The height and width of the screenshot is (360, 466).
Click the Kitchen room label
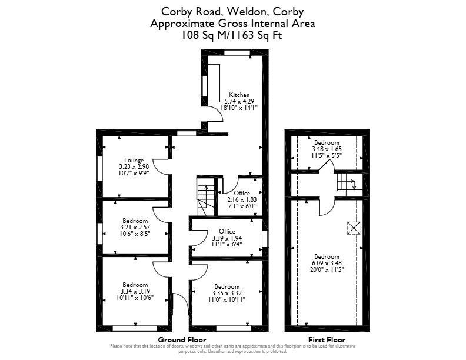click(x=239, y=95)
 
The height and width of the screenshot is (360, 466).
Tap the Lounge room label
click(x=134, y=160)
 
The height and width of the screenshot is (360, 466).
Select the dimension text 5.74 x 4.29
click(x=239, y=101)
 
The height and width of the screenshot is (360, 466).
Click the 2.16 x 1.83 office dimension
click(x=242, y=199)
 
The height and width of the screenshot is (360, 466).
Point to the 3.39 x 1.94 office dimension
click(x=227, y=238)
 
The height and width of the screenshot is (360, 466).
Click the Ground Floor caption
click(x=182, y=340)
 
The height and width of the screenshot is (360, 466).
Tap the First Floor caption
click(x=327, y=340)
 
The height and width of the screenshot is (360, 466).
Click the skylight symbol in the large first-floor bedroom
click(x=354, y=228)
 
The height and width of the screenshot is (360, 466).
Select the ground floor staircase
click(x=206, y=196)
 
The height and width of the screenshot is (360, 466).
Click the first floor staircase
click(x=350, y=185)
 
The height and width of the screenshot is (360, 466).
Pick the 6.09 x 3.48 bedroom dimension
click(x=327, y=263)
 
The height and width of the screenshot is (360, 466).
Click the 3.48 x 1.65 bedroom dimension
click(x=327, y=149)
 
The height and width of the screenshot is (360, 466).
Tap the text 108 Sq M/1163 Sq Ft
click(x=232, y=35)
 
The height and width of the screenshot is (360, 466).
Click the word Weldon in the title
click(x=247, y=12)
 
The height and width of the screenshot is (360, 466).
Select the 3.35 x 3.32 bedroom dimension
click(x=227, y=293)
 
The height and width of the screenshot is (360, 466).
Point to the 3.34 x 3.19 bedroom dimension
click(x=135, y=291)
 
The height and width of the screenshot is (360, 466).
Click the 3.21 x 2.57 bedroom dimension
click(x=135, y=227)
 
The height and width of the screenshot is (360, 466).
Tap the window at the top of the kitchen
click(x=237, y=53)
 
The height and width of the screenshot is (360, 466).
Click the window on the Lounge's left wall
click(x=100, y=168)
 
